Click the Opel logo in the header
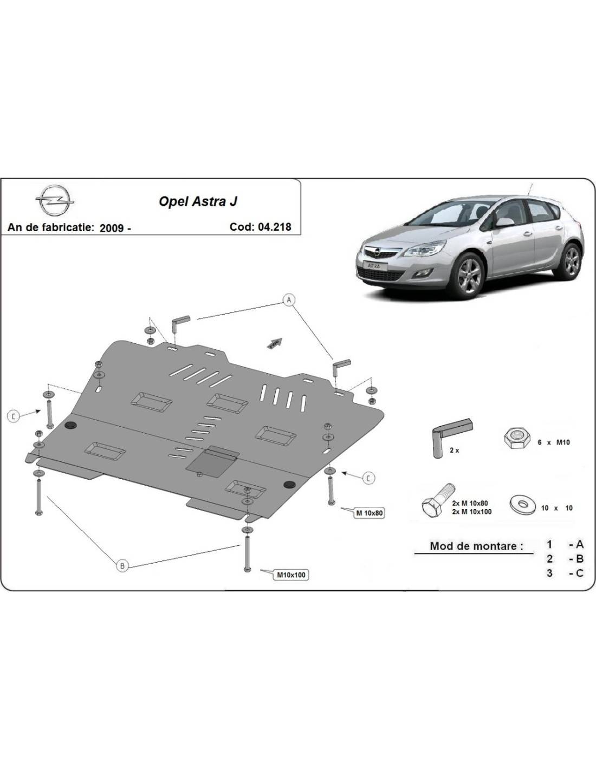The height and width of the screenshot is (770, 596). [55, 201]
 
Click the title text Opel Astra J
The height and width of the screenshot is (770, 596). [198, 201]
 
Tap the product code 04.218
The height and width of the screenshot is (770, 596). [274, 226]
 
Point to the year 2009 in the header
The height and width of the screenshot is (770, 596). [112, 228]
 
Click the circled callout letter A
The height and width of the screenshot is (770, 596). [289, 300]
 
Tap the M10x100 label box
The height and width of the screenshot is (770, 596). [291, 575]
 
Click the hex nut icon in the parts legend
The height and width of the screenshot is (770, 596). [516, 439]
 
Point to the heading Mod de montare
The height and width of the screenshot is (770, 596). [476, 545]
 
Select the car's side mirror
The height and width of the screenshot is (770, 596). [505, 222]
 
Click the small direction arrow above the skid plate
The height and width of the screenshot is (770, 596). [275, 343]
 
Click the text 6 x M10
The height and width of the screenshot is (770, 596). [553, 442]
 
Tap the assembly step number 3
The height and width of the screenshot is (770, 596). [549, 573]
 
